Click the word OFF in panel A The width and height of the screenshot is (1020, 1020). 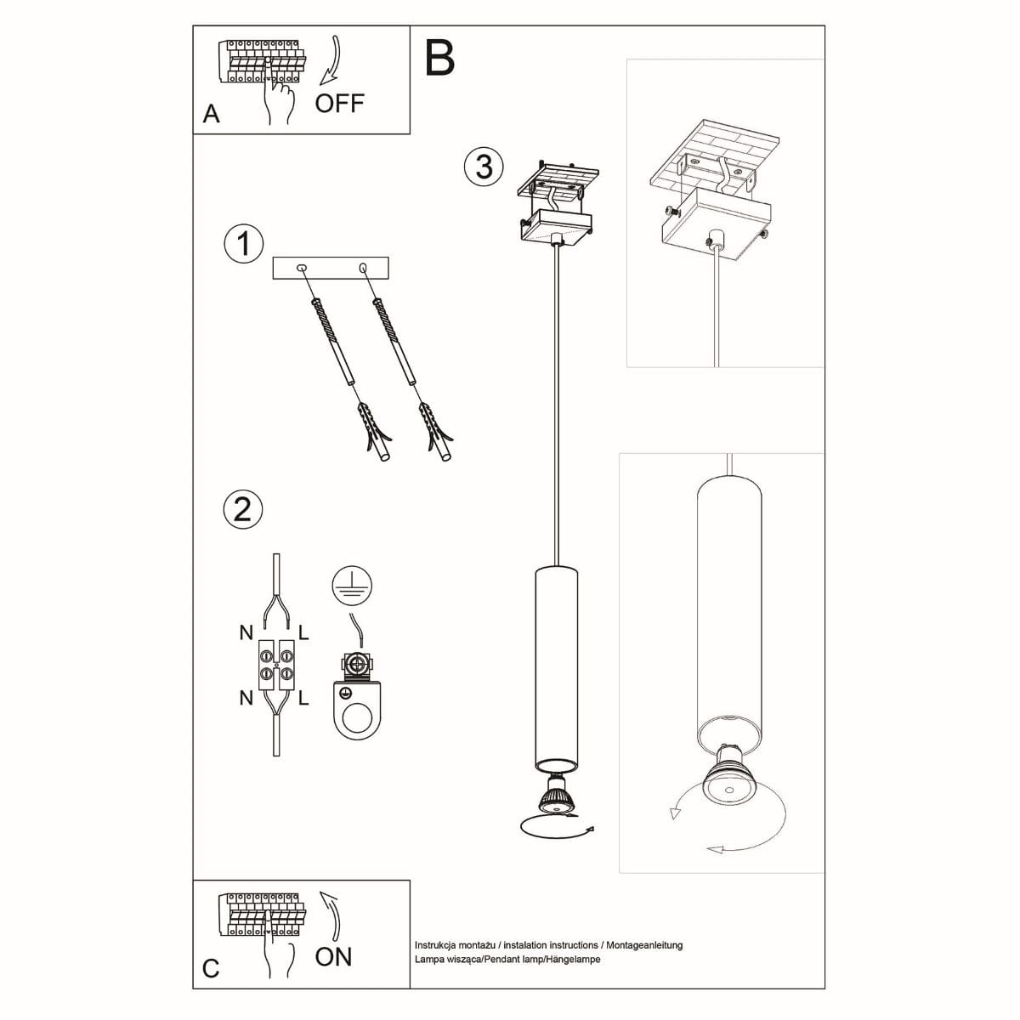(339, 104)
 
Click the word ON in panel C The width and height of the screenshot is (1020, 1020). (333, 956)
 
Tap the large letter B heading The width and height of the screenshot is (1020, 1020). (439, 57)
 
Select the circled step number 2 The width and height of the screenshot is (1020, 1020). (242, 509)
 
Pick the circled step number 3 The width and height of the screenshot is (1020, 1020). (484, 166)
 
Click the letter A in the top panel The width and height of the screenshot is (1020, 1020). (212, 115)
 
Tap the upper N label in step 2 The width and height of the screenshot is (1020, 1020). (246, 632)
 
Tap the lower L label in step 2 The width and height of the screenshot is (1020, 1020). (304, 698)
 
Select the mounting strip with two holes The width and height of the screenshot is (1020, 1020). (330, 268)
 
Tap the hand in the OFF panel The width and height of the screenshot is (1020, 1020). (277, 99)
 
